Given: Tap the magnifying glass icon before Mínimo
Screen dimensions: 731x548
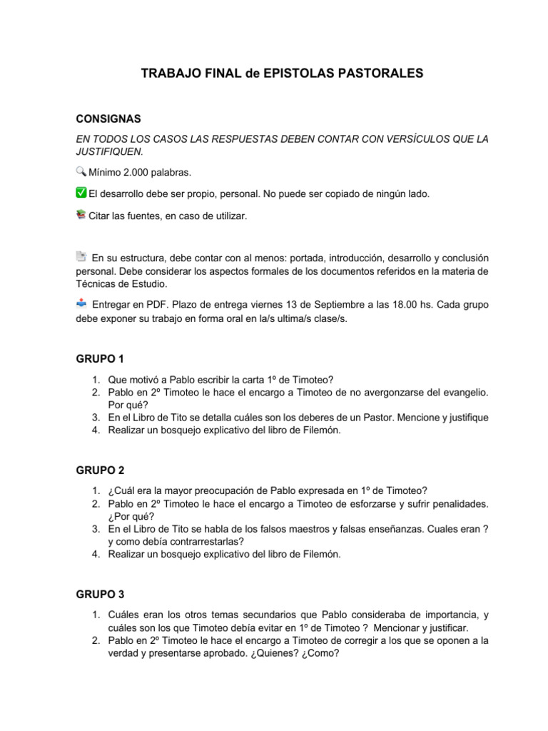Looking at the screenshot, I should coord(81,171).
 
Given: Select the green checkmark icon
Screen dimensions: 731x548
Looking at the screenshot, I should coord(81,192).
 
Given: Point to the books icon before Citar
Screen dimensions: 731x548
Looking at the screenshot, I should coord(81,213).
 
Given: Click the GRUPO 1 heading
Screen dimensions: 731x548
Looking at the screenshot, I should coord(101,358).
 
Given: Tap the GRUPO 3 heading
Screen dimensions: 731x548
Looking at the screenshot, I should coord(101,594).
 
